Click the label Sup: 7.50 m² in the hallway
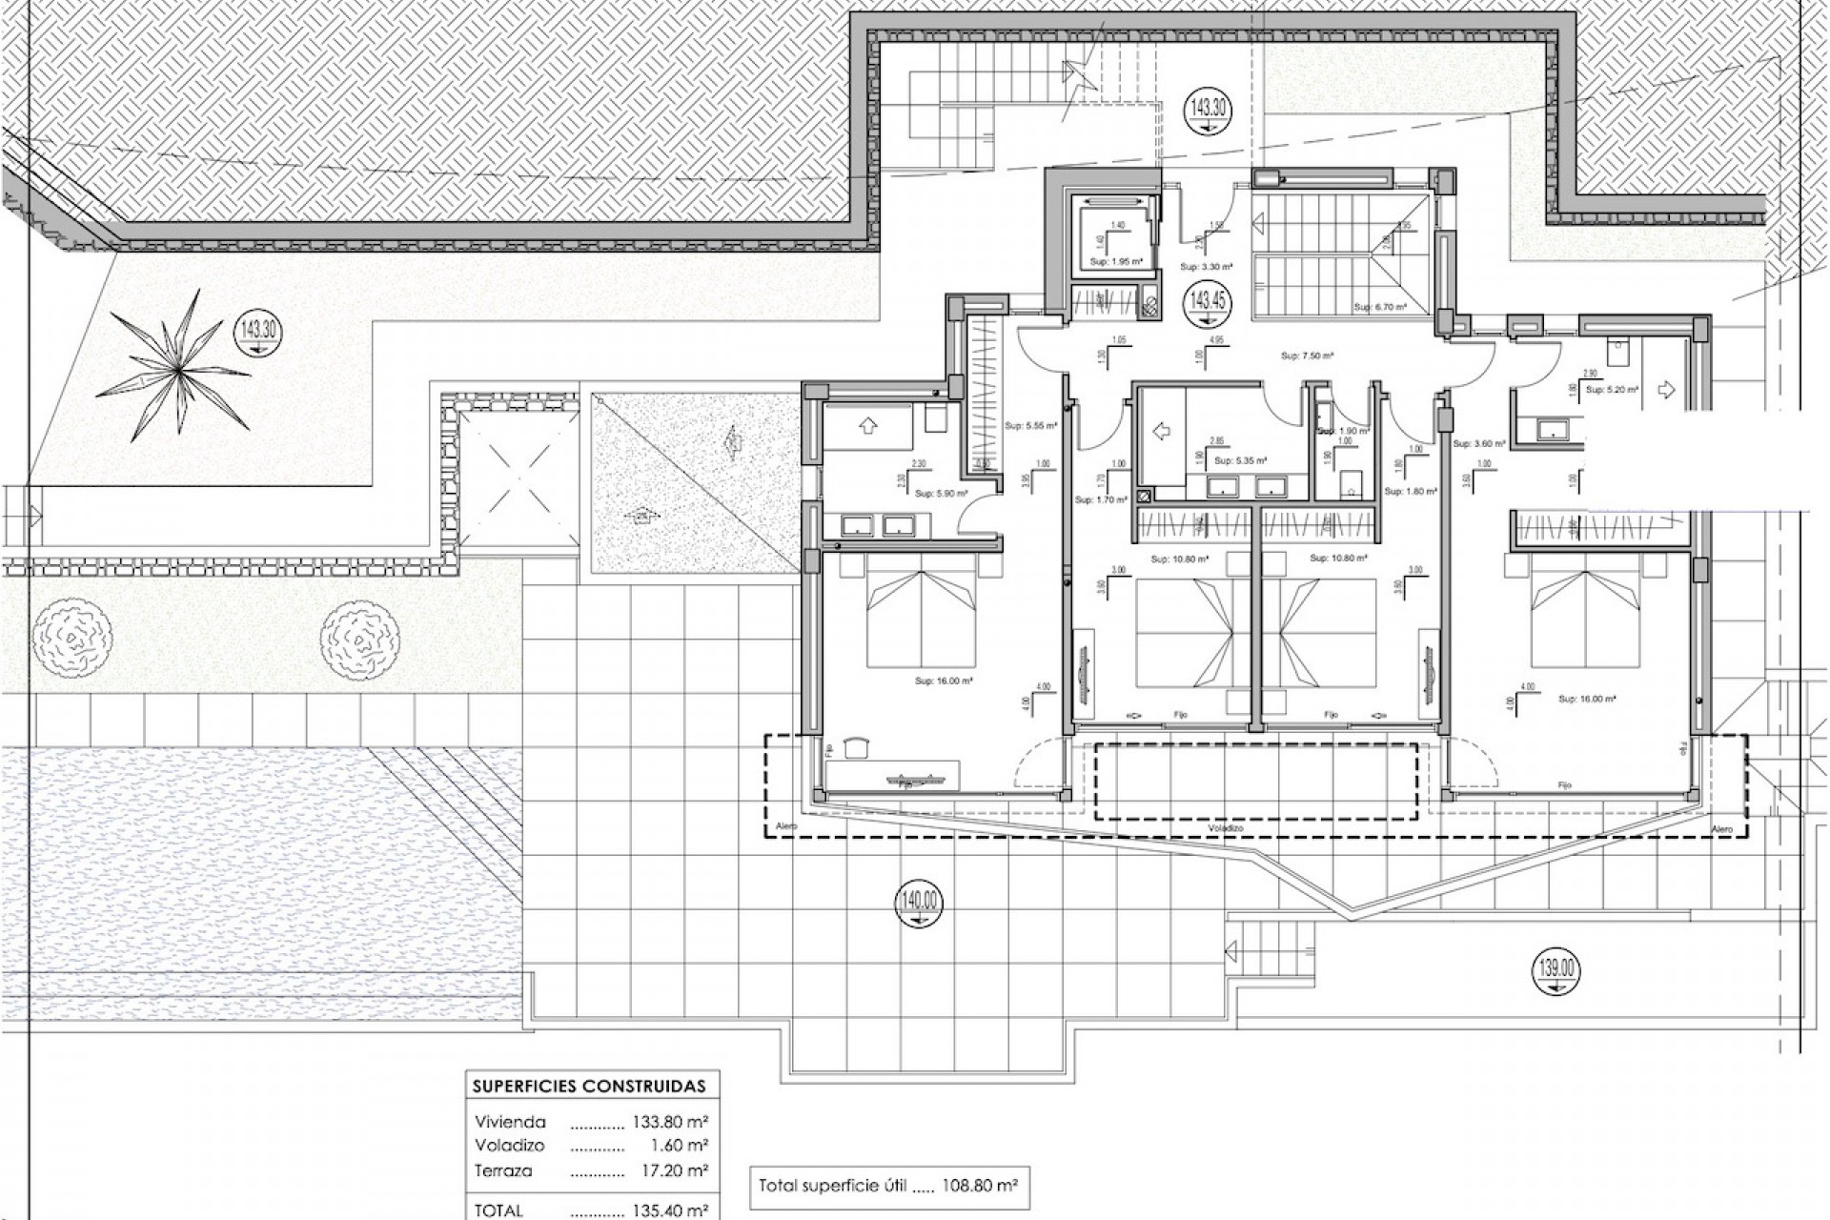pyautogui.click(x=1307, y=356)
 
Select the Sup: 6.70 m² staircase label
pyautogui.click(x=1376, y=308)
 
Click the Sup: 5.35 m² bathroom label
pyautogui.click(x=1239, y=461)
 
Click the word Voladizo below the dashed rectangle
pyautogui.click(x=1226, y=829)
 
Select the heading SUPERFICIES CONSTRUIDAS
pyautogui.click(x=589, y=1087)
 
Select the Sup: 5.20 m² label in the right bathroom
pyautogui.click(x=1612, y=390)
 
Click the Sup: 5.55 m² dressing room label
pyautogui.click(x=1031, y=426)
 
